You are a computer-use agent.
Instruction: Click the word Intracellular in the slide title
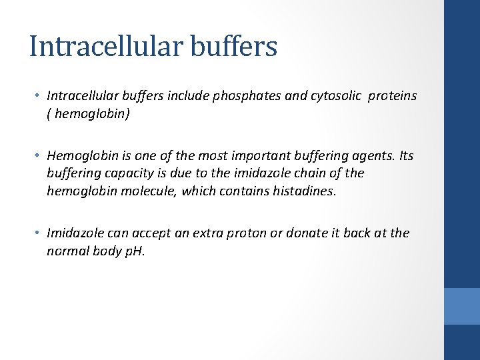pyautogui.click(x=107, y=46)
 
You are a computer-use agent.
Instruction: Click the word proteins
pyautogui.click(x=393, y=96)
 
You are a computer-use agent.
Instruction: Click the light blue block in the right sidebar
pyautogui.click(x=461, y=306)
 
